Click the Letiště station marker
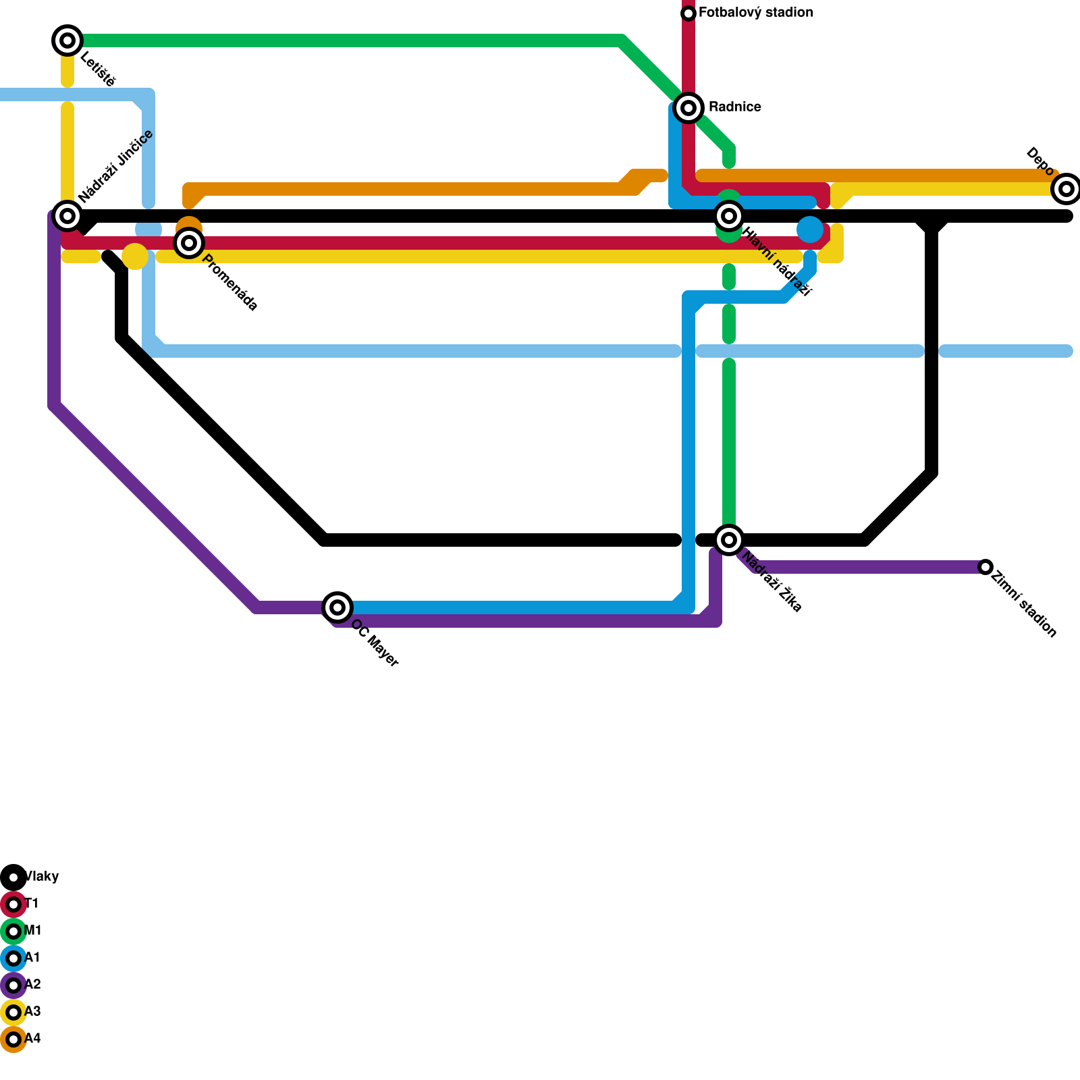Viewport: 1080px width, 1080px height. tap(67, 40)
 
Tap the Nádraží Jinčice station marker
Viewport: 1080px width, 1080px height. tap(67, 216)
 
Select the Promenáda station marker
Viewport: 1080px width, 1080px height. tap(189, 243)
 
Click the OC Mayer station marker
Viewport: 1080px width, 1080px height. tap(337, 607)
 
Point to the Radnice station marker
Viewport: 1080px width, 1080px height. tap(688, 108)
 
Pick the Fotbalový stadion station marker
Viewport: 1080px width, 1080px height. tap(688, 13)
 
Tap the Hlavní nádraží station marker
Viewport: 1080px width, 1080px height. tap(729, 216)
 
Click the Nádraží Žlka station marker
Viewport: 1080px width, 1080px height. tap(729, 540)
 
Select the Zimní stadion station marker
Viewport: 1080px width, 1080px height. tap(986, 567)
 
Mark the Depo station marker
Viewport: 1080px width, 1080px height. tap(1066, 189)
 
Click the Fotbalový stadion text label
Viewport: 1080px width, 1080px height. tap(755, 13)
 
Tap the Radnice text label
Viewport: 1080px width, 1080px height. tap(734, 107)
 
